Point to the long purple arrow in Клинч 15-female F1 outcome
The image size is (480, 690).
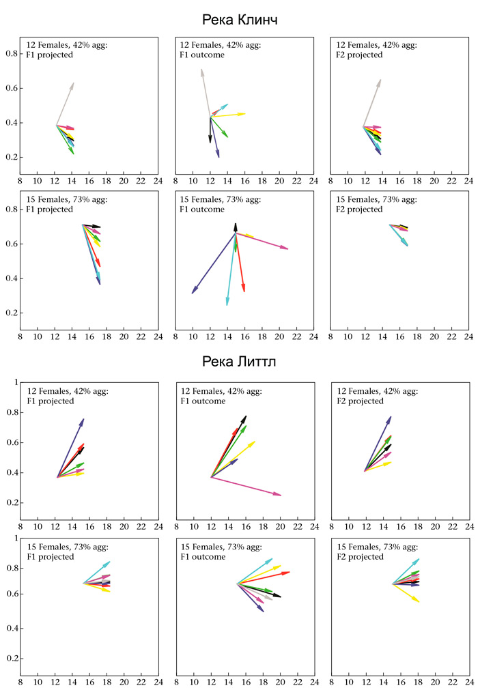pos(212,264)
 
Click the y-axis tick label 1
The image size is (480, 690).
pos(15,382)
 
